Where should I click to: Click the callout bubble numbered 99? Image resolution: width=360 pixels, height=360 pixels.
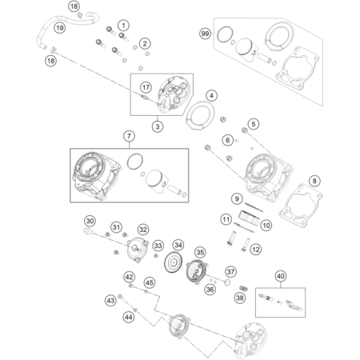(205, 34)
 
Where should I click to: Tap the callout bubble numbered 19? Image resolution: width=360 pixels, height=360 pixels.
(59, 27)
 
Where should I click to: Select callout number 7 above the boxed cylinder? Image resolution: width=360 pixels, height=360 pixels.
(129, 136)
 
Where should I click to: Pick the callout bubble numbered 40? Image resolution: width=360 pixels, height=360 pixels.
(281, 276)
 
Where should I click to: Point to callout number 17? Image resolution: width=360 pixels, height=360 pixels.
(146, 87)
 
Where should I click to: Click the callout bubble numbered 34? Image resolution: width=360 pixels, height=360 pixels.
(178, 245)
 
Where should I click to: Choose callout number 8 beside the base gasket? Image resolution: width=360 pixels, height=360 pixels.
(314, 181)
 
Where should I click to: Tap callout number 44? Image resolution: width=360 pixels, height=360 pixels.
(129, 317)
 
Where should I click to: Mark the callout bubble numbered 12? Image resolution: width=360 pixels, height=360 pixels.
(255, 250)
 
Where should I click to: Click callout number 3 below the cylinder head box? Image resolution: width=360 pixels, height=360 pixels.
(158, 126)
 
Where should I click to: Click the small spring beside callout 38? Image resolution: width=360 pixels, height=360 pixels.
(244, 289)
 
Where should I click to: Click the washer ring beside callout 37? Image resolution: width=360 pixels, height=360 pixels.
(227, 282)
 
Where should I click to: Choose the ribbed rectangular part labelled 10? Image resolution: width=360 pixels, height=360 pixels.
(248, 217)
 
